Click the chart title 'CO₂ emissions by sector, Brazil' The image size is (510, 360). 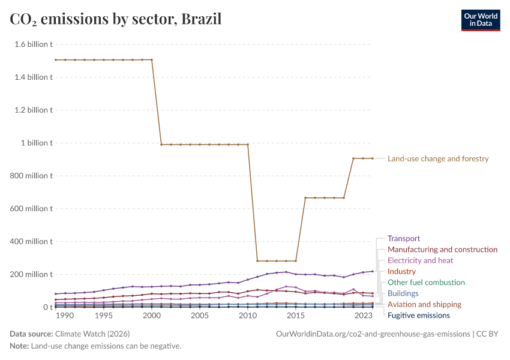(x=116, y=19)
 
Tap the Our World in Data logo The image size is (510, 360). (x=480, y=19)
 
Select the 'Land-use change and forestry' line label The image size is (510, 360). (x=438, y=159)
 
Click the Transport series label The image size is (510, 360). (x=404, y=238)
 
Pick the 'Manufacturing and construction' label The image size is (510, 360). (x=442, y=250)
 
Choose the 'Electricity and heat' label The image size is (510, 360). (x=420, y=260)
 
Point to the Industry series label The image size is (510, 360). (x=401, y=272)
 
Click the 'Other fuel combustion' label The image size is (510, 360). (x=426, y=283)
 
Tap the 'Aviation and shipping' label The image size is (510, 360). (x=424, y=305)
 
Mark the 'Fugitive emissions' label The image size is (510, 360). (x=418, y=316)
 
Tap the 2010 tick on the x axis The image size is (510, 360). (x=247, y=316)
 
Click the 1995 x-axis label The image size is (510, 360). (x=103, y=316)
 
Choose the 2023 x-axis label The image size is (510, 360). (x=363, y=316)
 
